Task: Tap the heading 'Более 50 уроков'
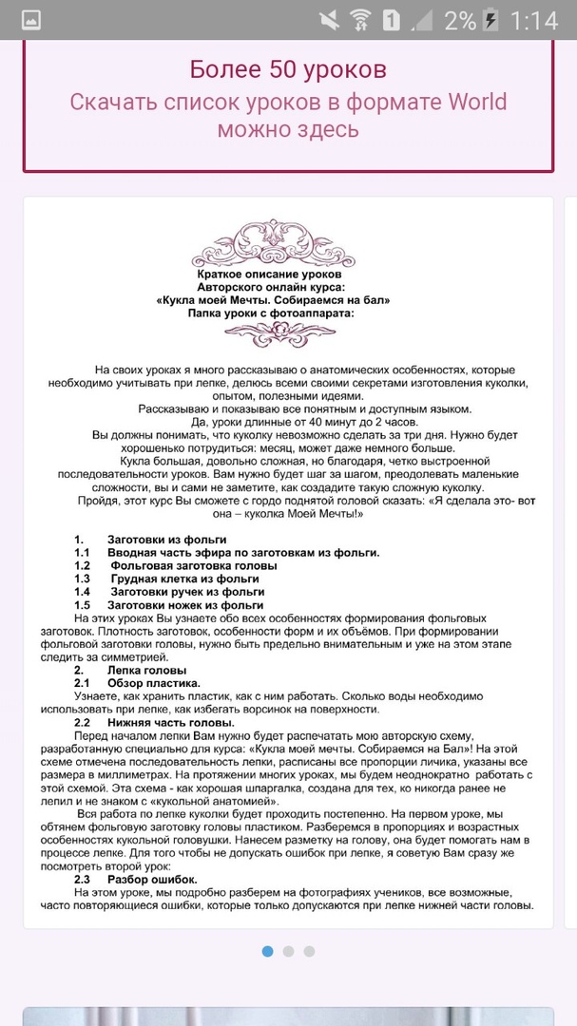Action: (x=288, y=69)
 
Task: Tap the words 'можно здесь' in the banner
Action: (x=288, y=130)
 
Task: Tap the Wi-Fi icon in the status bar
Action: (x=359, y=20)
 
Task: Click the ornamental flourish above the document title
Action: (x=274, y=247)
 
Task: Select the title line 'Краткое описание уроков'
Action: (x=274, y=274)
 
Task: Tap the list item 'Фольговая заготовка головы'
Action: (x=193, y=565)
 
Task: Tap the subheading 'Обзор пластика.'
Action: (x=153, y=683)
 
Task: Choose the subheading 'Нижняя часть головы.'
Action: (x=170, y=722)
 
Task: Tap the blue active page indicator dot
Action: (x=267, y=951)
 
